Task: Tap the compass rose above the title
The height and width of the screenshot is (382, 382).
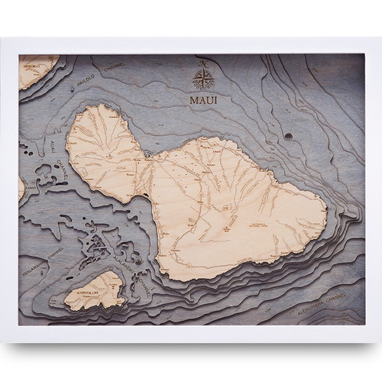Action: tap(204, 76)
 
